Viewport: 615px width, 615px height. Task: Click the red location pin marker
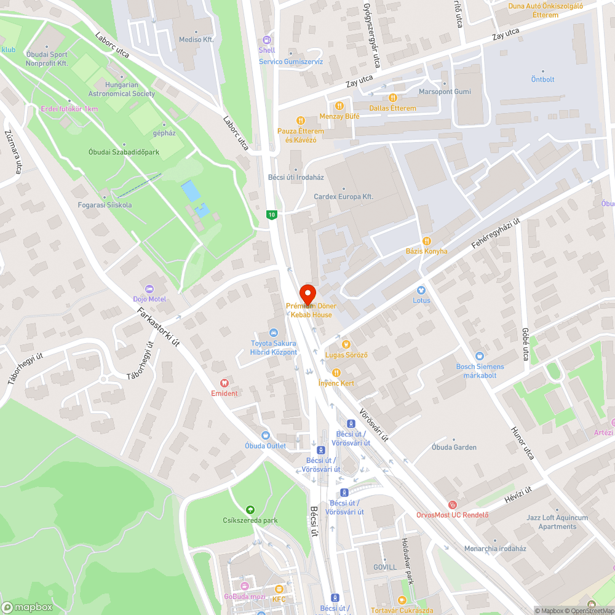coord(307,293)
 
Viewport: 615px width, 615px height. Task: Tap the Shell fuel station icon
coord(266,39)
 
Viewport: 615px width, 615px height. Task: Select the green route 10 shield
coord(271,215)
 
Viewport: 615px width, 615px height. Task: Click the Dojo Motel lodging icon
coord(148,288)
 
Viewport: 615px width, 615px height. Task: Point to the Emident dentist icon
coord(224,383)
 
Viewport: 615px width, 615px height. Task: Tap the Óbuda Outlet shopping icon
coord(266,435)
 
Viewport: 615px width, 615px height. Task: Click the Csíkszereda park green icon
coord(250,509)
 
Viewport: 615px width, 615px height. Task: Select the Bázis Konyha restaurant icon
coord(426,240)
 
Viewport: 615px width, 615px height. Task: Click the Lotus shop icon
coord(421,290)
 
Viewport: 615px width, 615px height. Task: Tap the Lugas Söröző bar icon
coord(346,344)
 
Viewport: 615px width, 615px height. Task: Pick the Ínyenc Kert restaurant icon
coord(336,372)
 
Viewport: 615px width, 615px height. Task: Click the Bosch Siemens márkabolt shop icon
coord(479,355)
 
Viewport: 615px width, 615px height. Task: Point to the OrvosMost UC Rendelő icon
coord(453,504)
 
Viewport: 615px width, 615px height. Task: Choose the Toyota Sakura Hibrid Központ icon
coord(274,333)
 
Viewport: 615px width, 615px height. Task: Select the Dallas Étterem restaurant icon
coord(392,97)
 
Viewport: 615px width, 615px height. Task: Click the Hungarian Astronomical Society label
coord(122,89)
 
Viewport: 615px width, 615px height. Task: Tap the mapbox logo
coord(27,607)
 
